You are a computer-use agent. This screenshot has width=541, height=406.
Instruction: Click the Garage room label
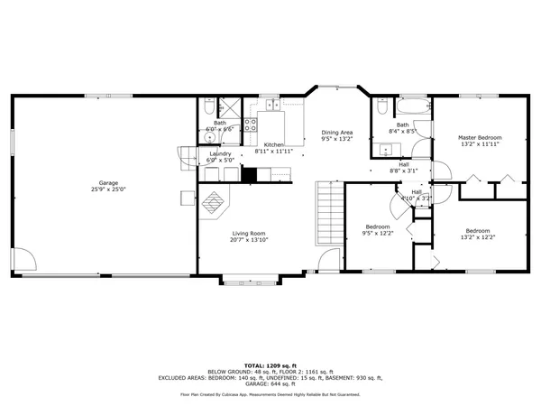pyautogui.click(x=104, y=183)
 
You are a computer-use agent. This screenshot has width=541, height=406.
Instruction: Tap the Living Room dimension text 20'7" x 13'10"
pyautogui.click(x=247, y=240)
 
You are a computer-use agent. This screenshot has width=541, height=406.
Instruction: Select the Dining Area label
pyautogui.click(x=336, y=133)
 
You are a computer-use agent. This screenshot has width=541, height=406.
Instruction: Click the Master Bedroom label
pyautogui.click(x=479, y=137)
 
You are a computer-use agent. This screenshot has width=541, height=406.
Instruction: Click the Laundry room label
pyautogui.click(x=220, y=153)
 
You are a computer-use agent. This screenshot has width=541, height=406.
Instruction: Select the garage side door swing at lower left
pyautogui.click(x=25, y=259)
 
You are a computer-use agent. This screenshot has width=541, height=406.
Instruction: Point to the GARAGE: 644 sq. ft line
pyautogui.click(x=270, y=383)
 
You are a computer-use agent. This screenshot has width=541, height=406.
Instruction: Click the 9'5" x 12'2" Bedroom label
pyautogui.click(x=377, y=230)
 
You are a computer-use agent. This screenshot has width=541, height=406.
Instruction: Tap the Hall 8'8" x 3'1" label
pyautogui.click(x=404, y=168)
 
